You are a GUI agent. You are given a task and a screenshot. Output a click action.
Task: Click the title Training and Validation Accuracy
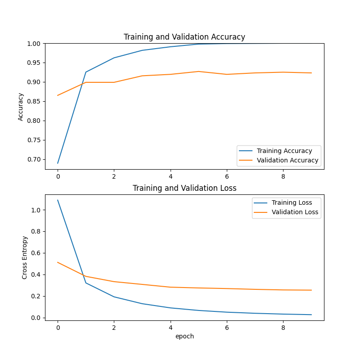(x=184, y=37)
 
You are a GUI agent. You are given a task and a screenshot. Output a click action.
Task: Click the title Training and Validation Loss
(x=184, y=188)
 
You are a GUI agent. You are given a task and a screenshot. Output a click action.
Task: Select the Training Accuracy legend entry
(x=284, y=151)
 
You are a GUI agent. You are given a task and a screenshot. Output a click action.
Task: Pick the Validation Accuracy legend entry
(x=287, y=160)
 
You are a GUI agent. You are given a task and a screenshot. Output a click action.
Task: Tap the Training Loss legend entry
(x=292, y=202)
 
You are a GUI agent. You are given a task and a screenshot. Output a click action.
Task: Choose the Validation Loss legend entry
(x=294, y=212)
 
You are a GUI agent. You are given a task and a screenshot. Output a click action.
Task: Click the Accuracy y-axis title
(x=21, y=107)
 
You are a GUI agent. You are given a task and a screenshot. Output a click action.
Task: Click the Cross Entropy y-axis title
(x=25, y=257)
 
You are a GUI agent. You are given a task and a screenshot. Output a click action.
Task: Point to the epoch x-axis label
(x=184, y=336)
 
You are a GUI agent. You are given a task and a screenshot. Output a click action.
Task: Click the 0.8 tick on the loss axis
(x=36, y=231)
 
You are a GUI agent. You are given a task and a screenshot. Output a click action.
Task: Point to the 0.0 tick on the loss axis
(x=36, y=318)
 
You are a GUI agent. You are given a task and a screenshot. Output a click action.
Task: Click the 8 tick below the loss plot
(x=283, y=328)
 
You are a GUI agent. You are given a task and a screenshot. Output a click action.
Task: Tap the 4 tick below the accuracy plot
(x=170, y=176)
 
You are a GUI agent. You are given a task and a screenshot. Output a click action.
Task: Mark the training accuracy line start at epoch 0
(x=58, y=163)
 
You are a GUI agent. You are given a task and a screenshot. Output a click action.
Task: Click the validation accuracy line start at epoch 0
(x=58, y=95)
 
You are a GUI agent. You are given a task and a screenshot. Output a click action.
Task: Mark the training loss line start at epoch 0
(x=58, y=200)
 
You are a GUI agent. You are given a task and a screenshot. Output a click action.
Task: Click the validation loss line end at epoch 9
(x=311, y=290)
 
